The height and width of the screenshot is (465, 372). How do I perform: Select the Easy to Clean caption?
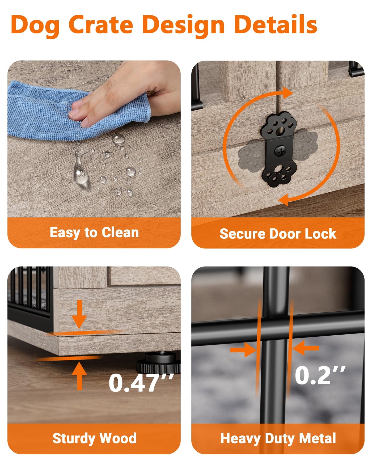point(94,233)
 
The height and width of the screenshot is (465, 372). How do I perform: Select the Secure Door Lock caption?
point(278,234)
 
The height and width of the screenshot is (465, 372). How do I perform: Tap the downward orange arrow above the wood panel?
point(79,314)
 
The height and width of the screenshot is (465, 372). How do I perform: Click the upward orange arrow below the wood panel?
point(79,376)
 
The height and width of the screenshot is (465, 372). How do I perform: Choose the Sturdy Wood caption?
point(94,438)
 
